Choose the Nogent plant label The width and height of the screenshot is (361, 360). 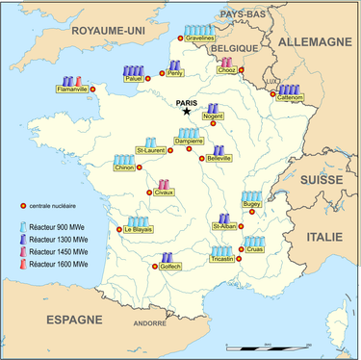point(214,117)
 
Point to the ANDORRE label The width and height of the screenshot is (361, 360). point(149,323)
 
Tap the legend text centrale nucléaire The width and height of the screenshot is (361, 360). point(60,206)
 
